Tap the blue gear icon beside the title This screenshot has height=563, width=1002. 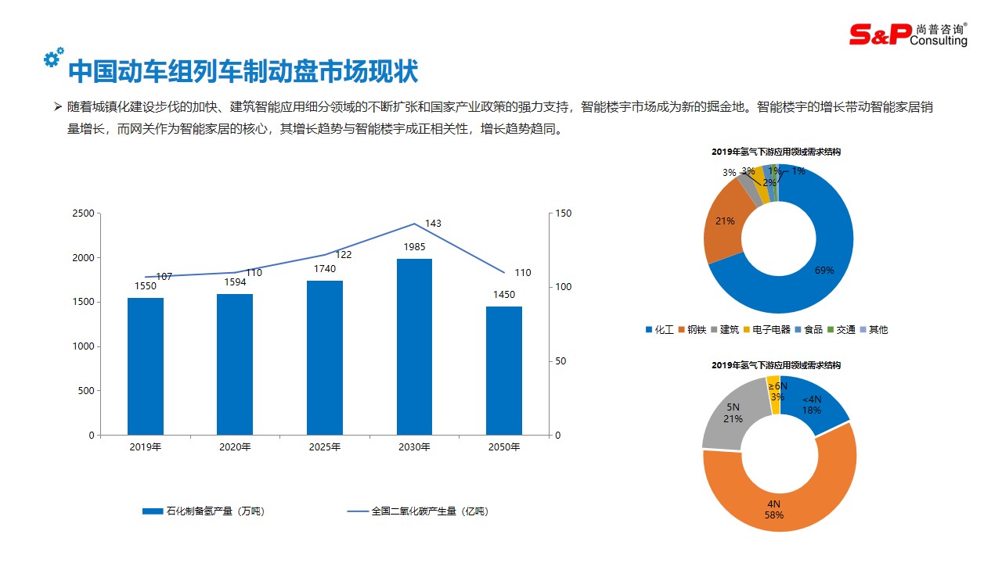click(x=53, y=57)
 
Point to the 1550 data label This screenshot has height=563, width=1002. click(x=145, y=286)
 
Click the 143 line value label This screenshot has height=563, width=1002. click(x=433, y=224)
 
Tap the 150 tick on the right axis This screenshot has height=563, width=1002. click(x=563, y=213)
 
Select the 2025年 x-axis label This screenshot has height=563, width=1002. click(x=325, y=447)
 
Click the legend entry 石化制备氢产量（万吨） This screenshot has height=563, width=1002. click(x=204, y=511)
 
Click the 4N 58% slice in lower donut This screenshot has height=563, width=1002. click(x=775, y=500)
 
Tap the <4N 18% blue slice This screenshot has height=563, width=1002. click(x=814, y=403)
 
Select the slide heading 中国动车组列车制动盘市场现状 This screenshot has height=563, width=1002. click(x=243, y=72)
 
